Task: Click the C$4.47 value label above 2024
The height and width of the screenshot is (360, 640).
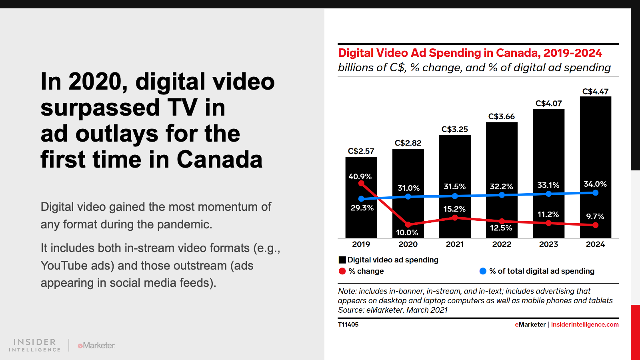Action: [x=595, y=92]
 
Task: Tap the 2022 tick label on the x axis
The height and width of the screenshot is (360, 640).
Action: [x=502, y=244]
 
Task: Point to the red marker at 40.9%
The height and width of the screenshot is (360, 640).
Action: [x=361, y=184]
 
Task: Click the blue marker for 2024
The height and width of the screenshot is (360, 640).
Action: [x=596, y=193]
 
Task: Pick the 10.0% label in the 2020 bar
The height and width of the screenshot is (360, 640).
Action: [x=407, y=232]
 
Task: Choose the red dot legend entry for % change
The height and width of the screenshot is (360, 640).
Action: [x=342, y=271]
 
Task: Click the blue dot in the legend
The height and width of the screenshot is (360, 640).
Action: [x=483, y=271]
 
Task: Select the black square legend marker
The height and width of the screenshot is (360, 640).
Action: [x=342, y=260]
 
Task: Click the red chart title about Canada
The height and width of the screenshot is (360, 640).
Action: [x=470, y=53]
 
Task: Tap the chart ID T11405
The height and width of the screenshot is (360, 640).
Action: [x=348, y=324]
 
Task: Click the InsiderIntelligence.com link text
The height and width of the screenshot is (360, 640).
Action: [x=584, y=324]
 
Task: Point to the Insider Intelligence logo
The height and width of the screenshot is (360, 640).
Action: [x=34, y=345]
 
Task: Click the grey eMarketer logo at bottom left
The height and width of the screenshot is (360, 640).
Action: [x=96, y=345]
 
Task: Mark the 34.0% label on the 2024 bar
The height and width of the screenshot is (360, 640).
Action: [x=595, y=184]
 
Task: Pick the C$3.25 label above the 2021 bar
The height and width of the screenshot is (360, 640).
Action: [x=454, y=129]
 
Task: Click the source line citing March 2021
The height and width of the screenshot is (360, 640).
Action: [x=392, y=310]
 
